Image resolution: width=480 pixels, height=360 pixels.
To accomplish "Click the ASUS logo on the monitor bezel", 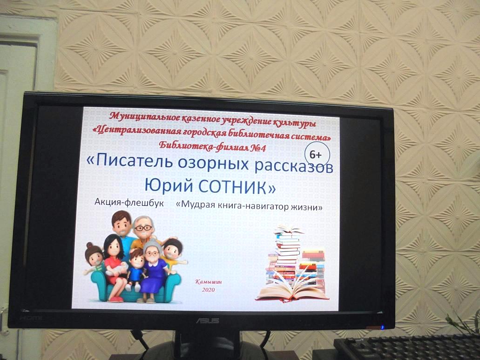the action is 208,320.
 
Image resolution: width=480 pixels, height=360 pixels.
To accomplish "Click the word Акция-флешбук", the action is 129,202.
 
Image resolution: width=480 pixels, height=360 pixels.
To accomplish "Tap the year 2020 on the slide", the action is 208,290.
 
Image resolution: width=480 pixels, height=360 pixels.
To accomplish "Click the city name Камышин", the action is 209,282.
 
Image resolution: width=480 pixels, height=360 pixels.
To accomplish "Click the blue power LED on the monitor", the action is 382,327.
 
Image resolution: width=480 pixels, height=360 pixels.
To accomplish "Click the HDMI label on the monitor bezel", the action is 31,318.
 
